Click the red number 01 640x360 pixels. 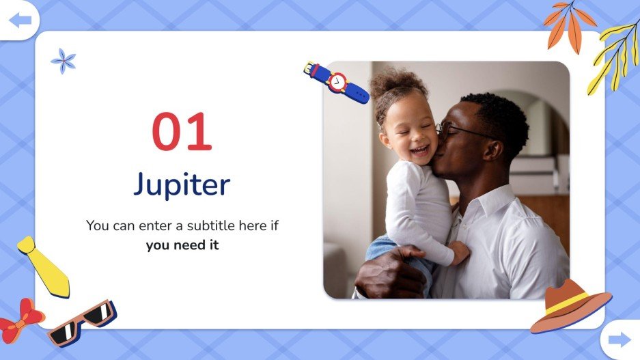pos(182,133)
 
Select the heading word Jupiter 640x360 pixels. pos(182,184)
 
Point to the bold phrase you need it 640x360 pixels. pos(182,245)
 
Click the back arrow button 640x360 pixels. pos(20,20)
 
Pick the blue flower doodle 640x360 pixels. pos(64,61)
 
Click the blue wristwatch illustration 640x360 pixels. pos(336,82)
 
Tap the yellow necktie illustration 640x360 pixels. pos(44,266)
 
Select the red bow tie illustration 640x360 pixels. pos(20,318)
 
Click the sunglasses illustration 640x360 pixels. pos(82,321)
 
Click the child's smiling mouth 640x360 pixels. pos(419,150)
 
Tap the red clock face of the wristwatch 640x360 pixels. pos(337,81)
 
